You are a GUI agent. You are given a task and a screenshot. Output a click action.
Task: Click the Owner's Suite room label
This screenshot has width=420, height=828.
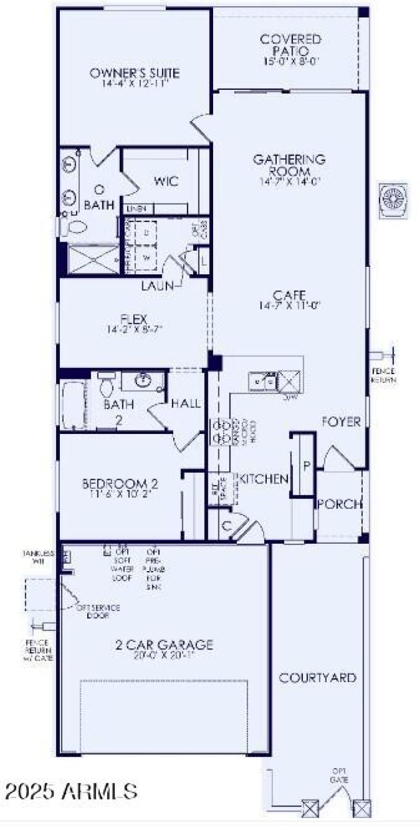pos(134,73)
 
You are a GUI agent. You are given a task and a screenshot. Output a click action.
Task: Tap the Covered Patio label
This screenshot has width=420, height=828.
pos(291,45)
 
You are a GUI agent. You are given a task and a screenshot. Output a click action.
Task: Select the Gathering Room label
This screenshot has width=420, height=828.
pos(289,165)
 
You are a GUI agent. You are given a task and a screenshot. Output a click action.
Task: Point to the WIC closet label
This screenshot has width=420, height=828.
pos(166,181)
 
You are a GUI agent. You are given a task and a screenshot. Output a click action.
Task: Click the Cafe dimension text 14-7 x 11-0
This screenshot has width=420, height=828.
pos(289,305)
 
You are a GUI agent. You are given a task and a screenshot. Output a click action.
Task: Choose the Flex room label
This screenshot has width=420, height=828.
pos(134,319)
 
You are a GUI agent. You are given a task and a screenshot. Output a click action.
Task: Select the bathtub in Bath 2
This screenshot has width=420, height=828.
pos(73,405)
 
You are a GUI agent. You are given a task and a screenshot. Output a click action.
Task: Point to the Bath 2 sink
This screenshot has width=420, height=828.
pos(143,380)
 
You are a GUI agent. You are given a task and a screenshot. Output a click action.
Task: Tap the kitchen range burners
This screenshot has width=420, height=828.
pos(218,431)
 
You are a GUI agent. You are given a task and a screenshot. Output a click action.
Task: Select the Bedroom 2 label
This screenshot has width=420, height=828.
pos(120,483)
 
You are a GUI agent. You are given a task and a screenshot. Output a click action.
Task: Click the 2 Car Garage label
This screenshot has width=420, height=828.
pos(164,644)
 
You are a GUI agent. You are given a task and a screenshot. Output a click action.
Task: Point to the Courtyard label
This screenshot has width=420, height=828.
pos(318,678)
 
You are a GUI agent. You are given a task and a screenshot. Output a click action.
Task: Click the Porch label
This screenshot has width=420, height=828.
pos(340,504)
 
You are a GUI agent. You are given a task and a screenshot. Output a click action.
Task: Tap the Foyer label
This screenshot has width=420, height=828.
pos(341,421)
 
